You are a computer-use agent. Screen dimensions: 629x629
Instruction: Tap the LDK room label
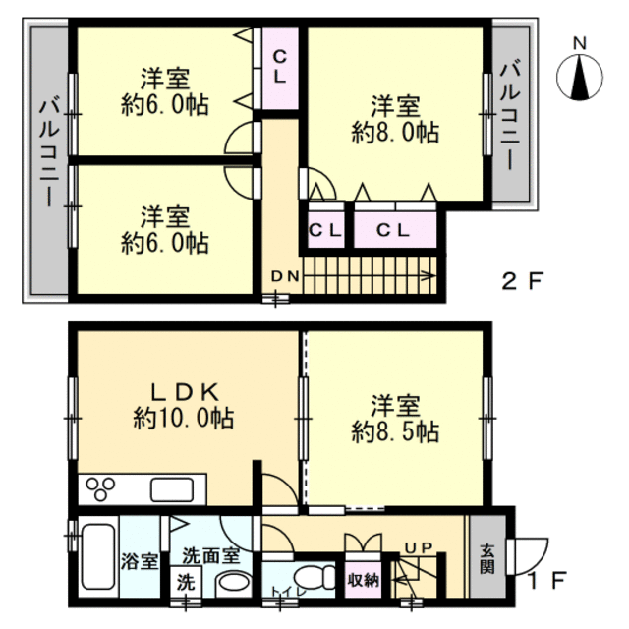(x=185, y=392)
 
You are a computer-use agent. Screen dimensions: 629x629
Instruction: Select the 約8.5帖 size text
(x=395, y=432)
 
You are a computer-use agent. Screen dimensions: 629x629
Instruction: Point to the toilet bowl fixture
(x=314, y=577)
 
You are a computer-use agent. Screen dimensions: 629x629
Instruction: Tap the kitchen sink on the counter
(x=172, y=489)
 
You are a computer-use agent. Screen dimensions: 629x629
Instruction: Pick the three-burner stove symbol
(x=100, y=489)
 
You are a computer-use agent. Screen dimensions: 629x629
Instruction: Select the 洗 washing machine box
(x=186, y=582)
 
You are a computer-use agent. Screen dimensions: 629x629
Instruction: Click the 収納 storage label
(x=363, y=579)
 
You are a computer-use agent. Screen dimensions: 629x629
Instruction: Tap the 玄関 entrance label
(x=487, y=558)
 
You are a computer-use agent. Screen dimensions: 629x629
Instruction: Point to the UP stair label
(x=419, y=546)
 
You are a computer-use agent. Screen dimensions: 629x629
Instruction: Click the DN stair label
(x=285, y=276)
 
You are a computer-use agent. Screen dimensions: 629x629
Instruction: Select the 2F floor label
(x=522, y=281)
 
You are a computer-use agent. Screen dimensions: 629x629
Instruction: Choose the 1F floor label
(x=546, y=580)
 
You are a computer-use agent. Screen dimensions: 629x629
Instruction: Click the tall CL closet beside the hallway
(x=279, y=67)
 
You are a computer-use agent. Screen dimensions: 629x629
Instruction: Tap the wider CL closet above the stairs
(x=395, y=230)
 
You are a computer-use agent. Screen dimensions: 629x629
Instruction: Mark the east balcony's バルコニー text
(x=510, y=116)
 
